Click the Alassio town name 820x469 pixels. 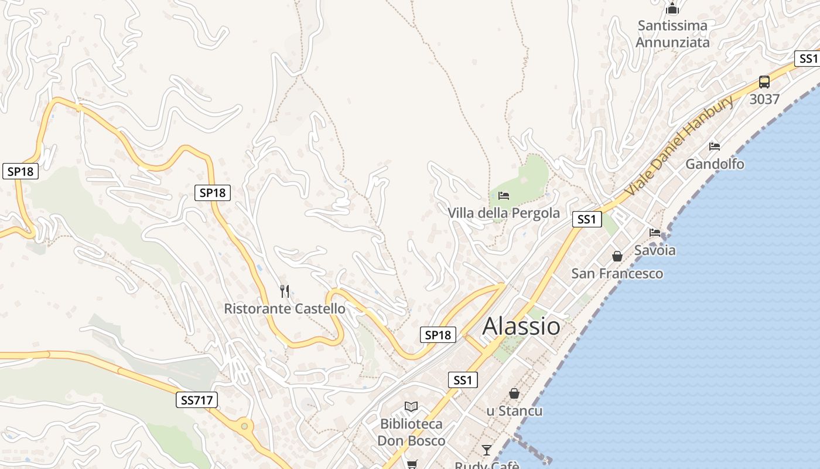tap(521, 327)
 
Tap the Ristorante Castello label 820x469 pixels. tap(285, 308)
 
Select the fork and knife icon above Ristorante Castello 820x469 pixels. tap(285, 291)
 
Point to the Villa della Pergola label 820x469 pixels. tap(504, 213)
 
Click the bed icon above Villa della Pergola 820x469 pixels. tap(504, 196)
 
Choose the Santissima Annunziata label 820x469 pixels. tap(672, 34)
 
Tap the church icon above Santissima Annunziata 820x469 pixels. tap(672, 9)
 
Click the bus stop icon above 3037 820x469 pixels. tap(764, 82)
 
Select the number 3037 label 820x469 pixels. tap(764, 99)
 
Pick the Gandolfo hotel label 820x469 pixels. tap(715, 164)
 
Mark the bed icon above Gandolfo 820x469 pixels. tap(715, 147)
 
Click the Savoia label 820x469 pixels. tap(655, 250)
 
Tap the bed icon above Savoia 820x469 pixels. tap(655, 233)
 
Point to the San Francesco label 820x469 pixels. tap(617, 274)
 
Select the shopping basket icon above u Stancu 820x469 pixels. tap(514, 393)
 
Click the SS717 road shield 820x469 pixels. tap(197, 400)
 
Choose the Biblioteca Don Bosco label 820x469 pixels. tap(411, 432)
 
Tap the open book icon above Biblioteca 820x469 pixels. tap(411, 406)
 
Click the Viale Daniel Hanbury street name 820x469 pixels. tap(679, 147)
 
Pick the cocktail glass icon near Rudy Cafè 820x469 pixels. tap(487, 450)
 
